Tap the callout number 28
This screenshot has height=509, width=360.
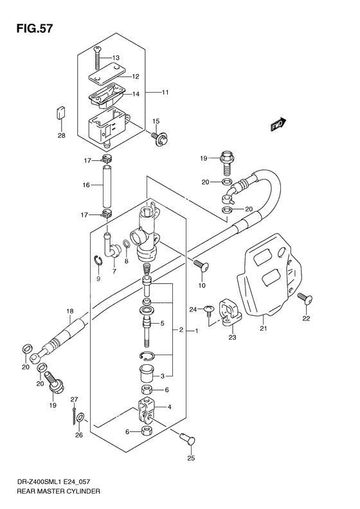pos(61,136)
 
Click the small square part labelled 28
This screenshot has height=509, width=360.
pos(60,113)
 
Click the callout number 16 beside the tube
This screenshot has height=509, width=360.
pos(85,185)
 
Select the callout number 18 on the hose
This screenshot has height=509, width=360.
pos(69,311)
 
